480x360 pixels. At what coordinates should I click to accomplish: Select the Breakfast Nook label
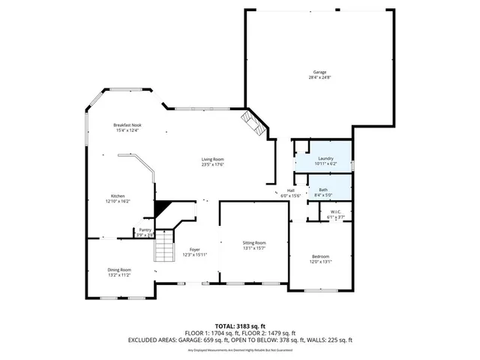[x=127, y=125]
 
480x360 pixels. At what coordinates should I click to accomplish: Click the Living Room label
[x=212, y=159]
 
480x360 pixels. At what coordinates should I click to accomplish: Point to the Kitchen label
[x=118, y=196]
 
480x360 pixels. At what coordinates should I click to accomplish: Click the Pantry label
[x=145, y=230]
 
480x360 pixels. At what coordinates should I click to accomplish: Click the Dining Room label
[x=118, y=270]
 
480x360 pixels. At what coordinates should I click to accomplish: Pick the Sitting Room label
[x=254, y=243]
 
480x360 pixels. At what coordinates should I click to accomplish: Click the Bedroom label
[x=320, y=257]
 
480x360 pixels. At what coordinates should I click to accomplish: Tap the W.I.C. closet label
[x=336, y=212]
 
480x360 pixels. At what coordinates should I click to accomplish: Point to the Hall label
[x=290, y=190]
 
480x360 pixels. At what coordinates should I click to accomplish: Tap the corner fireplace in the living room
[x=253, y=123]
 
